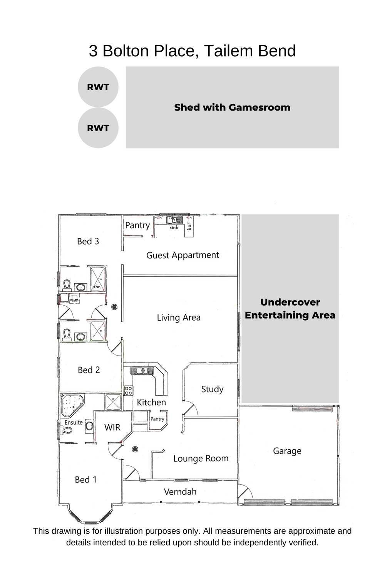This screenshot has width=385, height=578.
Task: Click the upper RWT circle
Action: pos(98,87)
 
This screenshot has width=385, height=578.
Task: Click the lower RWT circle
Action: pos(98,128)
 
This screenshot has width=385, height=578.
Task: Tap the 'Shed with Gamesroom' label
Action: pos(232,108)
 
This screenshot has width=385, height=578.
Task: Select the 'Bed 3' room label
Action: pos(88,241)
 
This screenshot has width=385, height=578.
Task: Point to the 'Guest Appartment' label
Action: pos(182,255)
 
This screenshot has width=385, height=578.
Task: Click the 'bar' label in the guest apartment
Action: pos(189,226)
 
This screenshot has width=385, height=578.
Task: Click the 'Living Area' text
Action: pos(179,318)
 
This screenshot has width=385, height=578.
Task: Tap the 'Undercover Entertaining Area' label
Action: pos(290,308)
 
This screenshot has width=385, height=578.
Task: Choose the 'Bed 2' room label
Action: pos(89,370)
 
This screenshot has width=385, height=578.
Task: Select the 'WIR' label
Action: pos(112,427)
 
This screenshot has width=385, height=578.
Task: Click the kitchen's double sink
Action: pos(142,371)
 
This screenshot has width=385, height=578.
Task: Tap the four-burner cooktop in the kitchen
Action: pos(129,391)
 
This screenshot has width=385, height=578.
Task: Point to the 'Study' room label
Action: pos(212,389)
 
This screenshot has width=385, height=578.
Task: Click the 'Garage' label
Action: pos(287,451)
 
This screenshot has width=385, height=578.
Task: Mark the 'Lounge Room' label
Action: pos(201,458)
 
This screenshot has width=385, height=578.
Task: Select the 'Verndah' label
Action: pos(180,492)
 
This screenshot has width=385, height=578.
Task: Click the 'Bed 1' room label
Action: pos(85,479)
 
